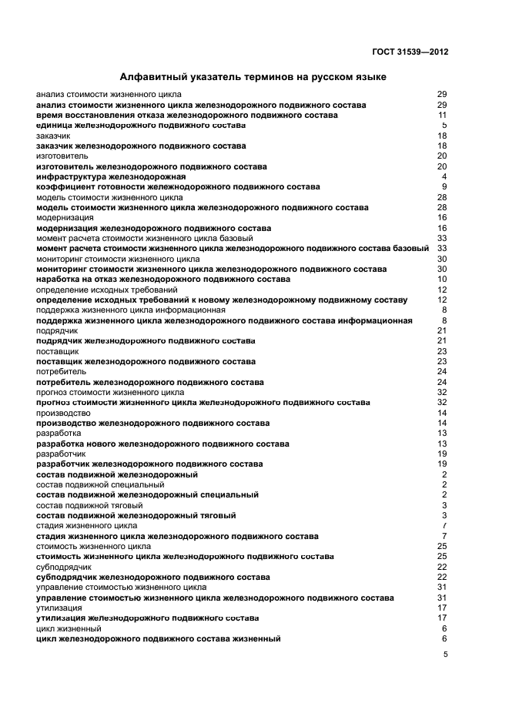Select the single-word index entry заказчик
point(53,136)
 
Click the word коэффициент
point(65,187)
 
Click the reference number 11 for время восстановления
point(443,116)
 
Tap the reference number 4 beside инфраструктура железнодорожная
point(444,177)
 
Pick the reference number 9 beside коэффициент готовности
point(444,187)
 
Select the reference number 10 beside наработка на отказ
point(443,280)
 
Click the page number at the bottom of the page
point(444,655)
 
